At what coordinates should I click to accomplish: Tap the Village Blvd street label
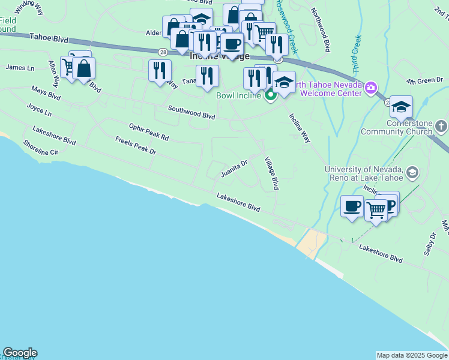point(272,173)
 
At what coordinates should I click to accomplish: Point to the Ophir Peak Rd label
point(149,132)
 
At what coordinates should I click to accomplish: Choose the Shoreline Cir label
point(41,148)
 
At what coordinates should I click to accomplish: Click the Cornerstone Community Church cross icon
point(441,126)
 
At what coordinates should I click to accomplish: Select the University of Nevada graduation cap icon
point(412,173)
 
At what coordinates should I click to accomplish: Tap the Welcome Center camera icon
point(370,89)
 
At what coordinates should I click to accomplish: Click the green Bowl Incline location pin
point(271,94)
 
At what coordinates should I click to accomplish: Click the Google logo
point(20,353)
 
